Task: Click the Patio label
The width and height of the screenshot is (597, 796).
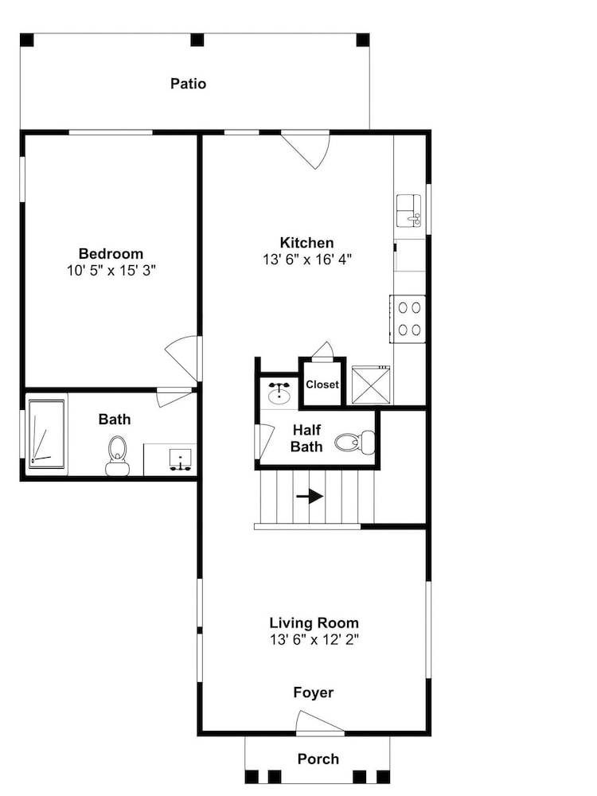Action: (189, 84)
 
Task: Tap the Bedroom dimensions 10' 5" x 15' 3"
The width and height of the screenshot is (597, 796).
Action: (111, 271)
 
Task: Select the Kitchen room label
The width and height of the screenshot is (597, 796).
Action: (306, 242)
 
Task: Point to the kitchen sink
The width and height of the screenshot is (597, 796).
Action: (409, 211)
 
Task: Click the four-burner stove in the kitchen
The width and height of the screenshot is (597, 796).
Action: (408, 319)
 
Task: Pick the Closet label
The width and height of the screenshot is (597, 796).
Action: (322, 384)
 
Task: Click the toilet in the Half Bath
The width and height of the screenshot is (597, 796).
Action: (355, 442)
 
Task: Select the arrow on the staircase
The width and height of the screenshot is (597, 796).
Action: (310, 496)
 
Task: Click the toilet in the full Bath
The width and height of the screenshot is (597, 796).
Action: (117, 455)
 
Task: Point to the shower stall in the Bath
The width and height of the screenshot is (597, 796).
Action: (47, 434)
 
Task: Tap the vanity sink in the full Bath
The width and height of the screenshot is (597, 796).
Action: (180, 458)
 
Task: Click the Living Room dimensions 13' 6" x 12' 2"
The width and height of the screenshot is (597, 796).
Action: (314, 640)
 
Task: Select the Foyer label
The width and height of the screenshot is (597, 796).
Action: (313, 693)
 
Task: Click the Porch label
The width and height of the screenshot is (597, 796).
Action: (318, 759)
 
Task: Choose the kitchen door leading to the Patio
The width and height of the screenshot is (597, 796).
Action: (306, 150)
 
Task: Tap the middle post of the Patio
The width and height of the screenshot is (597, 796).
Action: (197, 40)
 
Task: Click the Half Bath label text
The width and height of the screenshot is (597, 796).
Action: (306, 439)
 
